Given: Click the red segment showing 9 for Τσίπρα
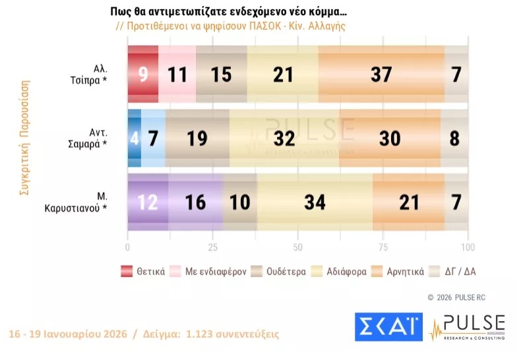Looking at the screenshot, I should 142,75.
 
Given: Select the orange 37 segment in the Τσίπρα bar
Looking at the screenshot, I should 381,75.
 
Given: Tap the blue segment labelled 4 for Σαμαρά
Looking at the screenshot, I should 134,138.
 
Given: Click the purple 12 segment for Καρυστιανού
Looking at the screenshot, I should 148,202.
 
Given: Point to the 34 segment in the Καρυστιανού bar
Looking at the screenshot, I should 315,202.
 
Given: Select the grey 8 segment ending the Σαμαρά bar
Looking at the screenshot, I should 454,138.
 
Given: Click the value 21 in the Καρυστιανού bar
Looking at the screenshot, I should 409,202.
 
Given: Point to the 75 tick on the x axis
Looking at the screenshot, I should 383,247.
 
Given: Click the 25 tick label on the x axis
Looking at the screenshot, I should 213,247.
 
